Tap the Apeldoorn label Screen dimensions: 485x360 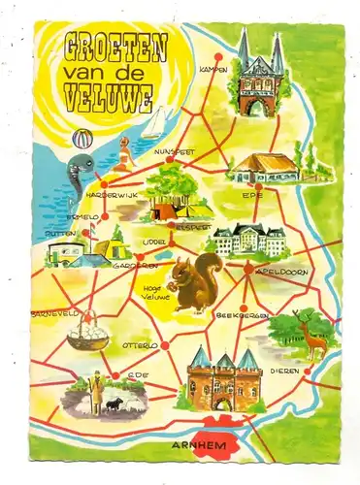[x=280, y=272]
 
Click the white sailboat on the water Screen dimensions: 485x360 [x=155, y=124]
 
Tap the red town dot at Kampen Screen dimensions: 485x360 [x=218, y=56]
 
